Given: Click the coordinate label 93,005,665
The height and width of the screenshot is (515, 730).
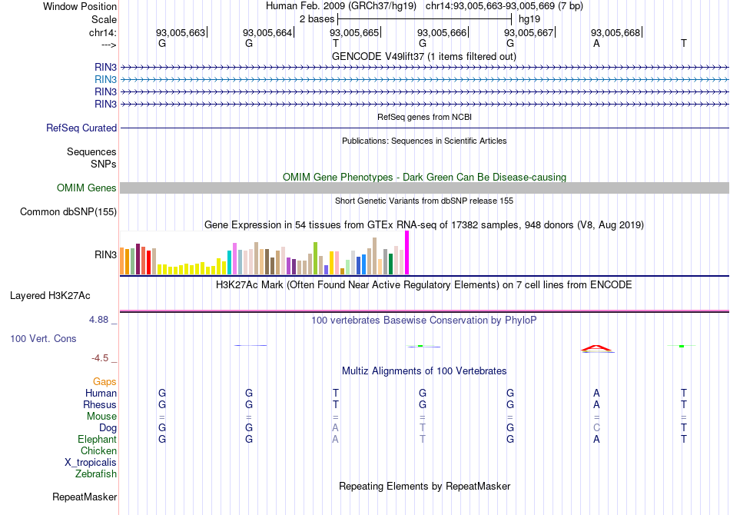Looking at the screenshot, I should (x=354, y=32).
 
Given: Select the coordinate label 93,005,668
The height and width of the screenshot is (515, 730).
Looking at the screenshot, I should (x=615, y=32).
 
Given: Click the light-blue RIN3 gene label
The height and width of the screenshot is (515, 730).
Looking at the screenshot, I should (x=105, y=79).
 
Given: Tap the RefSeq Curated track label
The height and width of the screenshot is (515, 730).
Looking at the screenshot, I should (x=81, y=128).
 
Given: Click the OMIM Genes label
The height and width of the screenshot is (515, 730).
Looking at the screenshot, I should (x=87, y=188).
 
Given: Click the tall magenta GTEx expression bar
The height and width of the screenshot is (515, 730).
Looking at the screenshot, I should (x=406, y=252).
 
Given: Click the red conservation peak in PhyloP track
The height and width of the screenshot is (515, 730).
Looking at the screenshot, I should (x=597, y=347).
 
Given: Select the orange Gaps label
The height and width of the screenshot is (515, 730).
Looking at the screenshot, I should (x=105, y=381).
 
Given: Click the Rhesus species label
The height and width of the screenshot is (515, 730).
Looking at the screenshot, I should (x=100, y=404).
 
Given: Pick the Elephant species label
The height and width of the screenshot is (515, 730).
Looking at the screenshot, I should (x=97, y=439).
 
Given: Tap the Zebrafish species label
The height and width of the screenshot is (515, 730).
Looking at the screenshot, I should (x=96, y=473).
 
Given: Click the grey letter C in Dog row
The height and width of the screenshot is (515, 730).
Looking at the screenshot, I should (x=596, y=427).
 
